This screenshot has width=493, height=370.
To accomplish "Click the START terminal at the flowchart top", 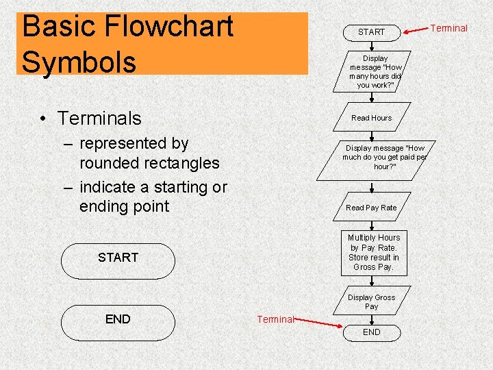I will click(x=371, y=32).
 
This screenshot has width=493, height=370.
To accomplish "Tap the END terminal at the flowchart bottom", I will click(x=371, y=332).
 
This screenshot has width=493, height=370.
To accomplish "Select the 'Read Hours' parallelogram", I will click(x=371, y=118).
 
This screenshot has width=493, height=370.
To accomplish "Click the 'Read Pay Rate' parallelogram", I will click(x=371, y=208).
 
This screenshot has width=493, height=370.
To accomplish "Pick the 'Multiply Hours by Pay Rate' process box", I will click(x=374, y=252).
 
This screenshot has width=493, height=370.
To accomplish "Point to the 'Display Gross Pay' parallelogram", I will click(x=371, y=302).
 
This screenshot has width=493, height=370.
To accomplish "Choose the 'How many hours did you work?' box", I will click(x=375, y=72).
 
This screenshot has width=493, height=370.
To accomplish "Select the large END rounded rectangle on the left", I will click(x=118, y=319).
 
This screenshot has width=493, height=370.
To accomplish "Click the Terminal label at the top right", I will click(x=448, y=28).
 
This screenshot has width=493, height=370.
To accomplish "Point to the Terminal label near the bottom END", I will click(x=275, y=319).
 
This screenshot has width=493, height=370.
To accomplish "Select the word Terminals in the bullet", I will click(x=99, y=118).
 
